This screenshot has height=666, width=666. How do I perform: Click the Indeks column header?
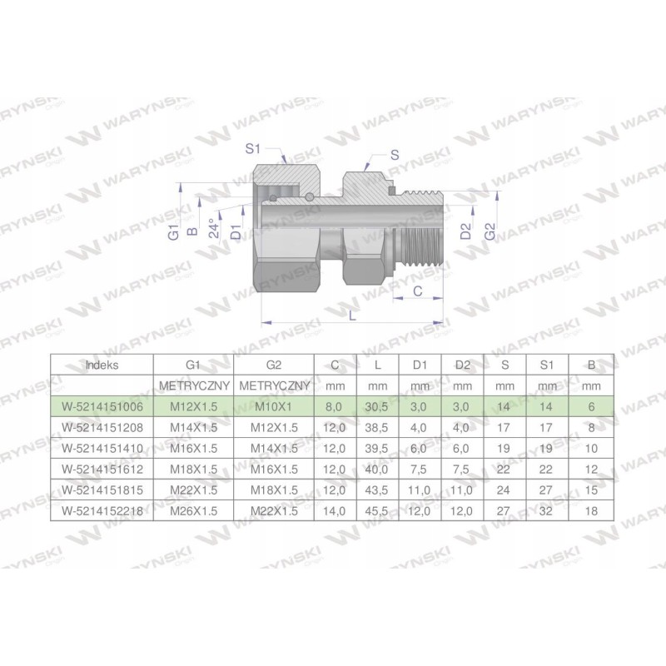coord(102,365)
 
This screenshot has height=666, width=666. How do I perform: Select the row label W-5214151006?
coord(102,406)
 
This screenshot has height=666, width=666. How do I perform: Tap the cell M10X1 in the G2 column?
coord(274,406)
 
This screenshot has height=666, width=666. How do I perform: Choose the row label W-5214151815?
coord(102,489)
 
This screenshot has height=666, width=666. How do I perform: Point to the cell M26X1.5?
coord(193,509)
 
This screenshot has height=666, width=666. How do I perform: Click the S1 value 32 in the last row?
coord(548,509)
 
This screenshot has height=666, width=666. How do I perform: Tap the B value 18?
coord(591,509)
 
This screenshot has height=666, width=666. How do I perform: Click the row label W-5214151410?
coord(102,448)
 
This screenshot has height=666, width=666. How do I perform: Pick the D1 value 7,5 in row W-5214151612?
coord(420,469)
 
